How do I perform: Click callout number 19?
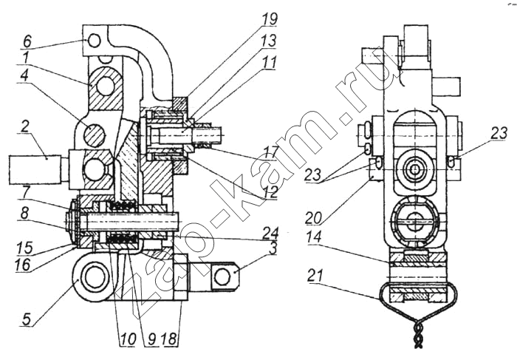coord(270,19)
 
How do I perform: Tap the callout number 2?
coord(25,127)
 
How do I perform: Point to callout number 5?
coord(27,319)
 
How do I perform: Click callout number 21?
coord(315,276)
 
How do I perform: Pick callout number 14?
coord(313,237)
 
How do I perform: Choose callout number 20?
coord(312,217)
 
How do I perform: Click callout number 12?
coord(269,191)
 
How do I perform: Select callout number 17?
coord(269,153)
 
